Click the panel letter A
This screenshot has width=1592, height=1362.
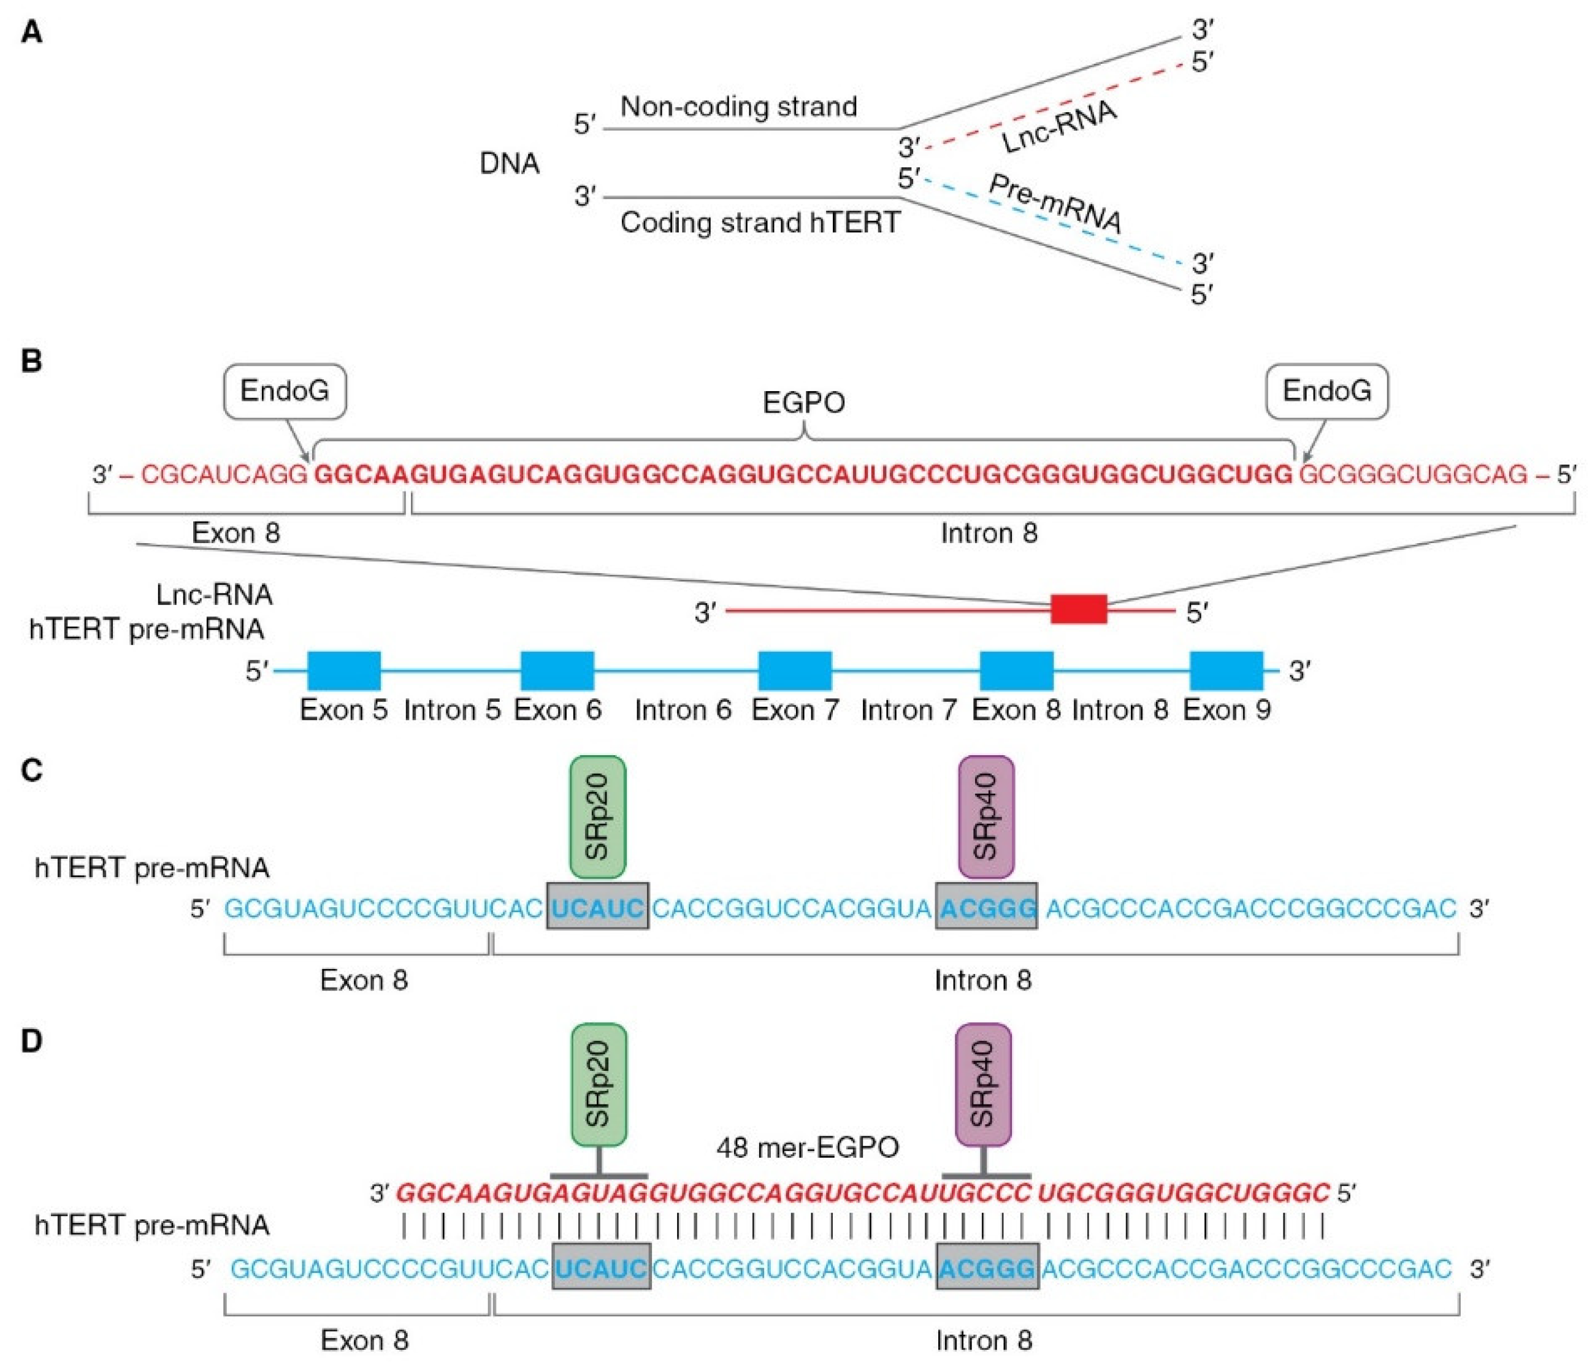(31, 32)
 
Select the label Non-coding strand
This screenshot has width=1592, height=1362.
(738, 106)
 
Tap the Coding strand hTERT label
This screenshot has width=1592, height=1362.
(760, 223)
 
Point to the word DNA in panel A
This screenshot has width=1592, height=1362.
(510, 164)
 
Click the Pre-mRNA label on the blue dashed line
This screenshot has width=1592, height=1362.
(1055, 204)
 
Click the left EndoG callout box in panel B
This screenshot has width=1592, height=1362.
(285, 391)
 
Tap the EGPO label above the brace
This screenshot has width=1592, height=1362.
(804, 403)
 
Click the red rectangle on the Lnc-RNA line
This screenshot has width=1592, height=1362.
(1079, 609)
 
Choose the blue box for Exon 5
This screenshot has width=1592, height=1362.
(343, 671)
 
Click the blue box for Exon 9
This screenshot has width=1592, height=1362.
(1227, 671)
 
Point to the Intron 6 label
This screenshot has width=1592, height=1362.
(683, 710)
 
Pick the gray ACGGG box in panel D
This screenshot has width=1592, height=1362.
(987, 1268)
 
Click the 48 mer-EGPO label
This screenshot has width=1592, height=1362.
(808, 1147)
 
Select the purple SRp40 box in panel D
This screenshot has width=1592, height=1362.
(984, 1084)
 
